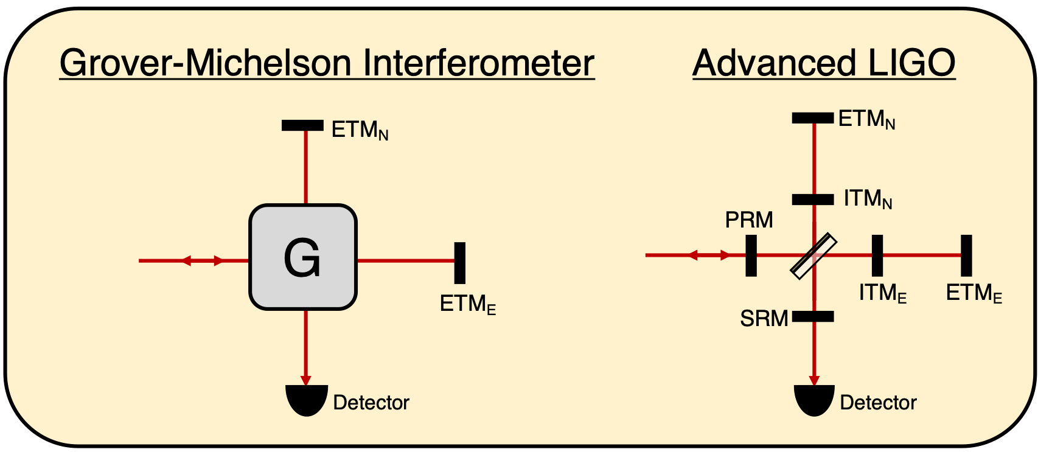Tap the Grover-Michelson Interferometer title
click(327, 63)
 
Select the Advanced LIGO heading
click(824, 63)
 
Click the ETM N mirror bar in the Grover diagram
click(302, 125)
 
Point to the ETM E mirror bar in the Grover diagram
click(460, 263)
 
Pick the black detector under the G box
click(307, 402)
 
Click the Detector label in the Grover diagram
click(371, 403)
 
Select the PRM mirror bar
click(751, 256)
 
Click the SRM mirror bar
click(813, 316)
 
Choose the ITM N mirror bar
click(813, 199)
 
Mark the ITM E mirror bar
click(877, 256)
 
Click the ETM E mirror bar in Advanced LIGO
click(966, 256)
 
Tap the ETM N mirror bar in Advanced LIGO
click(813, 118)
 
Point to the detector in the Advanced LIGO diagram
click(814, 402)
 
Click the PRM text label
click(749, 220)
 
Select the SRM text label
click(764, 318)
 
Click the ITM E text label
click(883, 294)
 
